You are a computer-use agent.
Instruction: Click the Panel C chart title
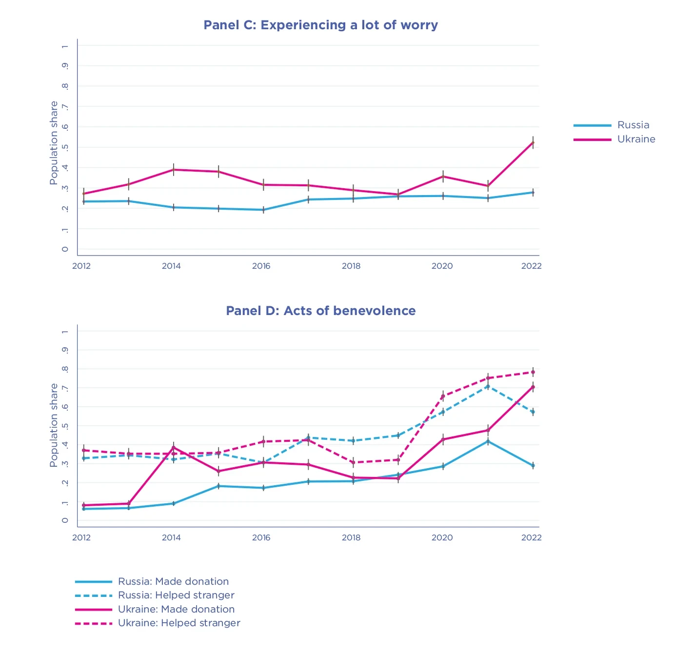tap(320, 25)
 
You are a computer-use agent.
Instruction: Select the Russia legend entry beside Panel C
tap(633, 125)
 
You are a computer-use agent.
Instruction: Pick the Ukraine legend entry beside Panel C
tap(636, 139)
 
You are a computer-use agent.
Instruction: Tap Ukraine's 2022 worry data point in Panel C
tap(533, 142)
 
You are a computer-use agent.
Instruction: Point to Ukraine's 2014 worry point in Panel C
tap(174, 170)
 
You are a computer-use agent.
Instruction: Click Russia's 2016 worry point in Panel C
tap(263, 210)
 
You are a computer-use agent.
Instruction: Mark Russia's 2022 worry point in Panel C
tap(533, 192)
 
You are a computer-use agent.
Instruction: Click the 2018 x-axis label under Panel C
tap(351, 266)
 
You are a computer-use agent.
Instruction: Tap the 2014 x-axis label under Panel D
tap(171, 537)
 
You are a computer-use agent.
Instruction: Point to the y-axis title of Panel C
tap(54, 143)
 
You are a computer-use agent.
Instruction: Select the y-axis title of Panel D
tap(54, 425)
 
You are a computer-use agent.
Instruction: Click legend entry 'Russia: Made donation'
tap(173, 581)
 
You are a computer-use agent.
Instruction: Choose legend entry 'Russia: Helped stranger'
tap(176, 595)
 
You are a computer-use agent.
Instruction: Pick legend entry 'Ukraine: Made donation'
tap(176, 609)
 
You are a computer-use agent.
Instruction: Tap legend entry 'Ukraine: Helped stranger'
tap(179, 623)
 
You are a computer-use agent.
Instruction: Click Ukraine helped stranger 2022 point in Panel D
tap(533, 372)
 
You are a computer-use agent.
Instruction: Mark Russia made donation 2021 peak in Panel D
tap(488, 441)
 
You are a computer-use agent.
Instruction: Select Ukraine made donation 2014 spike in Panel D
tap(174, 447)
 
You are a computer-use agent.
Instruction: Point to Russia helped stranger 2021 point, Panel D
tap(488, 386)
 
